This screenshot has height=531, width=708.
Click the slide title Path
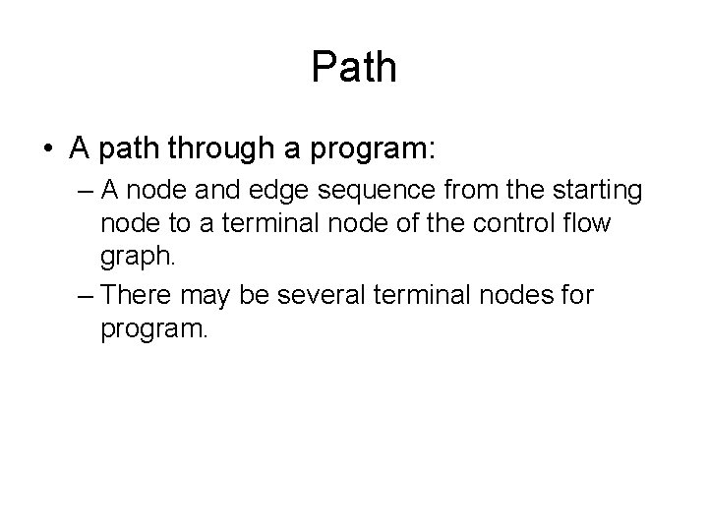point(354,67)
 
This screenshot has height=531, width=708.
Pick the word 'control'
point(504,223)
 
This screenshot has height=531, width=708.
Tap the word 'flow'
point(587,223)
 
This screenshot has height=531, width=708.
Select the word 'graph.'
point(139,257)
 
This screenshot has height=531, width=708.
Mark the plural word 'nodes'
point(506,294)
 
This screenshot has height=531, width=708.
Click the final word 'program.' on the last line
point(154,327)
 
